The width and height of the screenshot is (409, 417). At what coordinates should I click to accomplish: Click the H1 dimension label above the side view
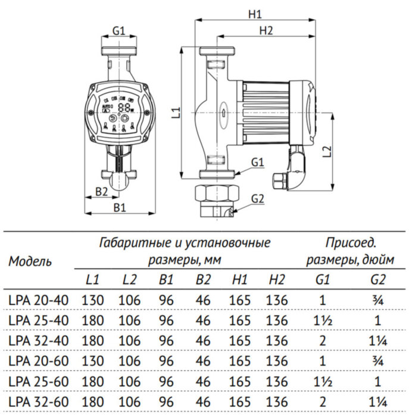coord(257,13)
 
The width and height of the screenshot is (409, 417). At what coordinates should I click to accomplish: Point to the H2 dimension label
coord(266,31)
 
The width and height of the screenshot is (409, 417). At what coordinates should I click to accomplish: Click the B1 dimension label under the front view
coord(120,207)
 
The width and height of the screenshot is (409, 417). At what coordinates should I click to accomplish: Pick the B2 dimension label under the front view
coord(101,191)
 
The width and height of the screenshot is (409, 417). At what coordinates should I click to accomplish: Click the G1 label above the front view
coord(119,30)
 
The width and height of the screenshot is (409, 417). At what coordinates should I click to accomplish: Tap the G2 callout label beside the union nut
coord(257,198)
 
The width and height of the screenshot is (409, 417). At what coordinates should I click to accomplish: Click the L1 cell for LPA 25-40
coord(92,320)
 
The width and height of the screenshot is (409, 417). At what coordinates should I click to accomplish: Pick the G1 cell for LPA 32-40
coord(322,340)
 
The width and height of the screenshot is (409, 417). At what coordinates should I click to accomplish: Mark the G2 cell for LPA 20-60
coord(376,360)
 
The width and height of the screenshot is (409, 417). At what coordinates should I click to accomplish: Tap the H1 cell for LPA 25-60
coord(239,380)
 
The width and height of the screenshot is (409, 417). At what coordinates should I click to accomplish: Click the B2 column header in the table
coord(203,279)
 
